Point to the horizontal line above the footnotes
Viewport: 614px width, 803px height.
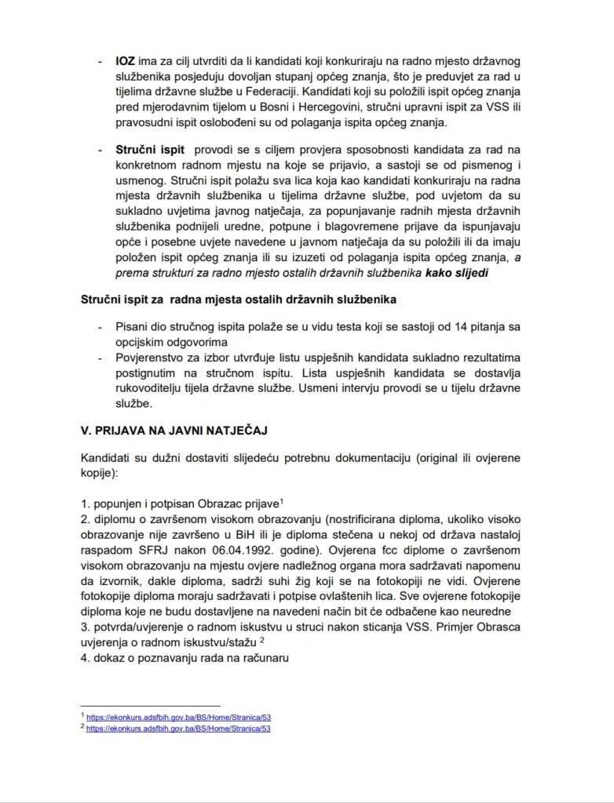click(150, 706)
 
